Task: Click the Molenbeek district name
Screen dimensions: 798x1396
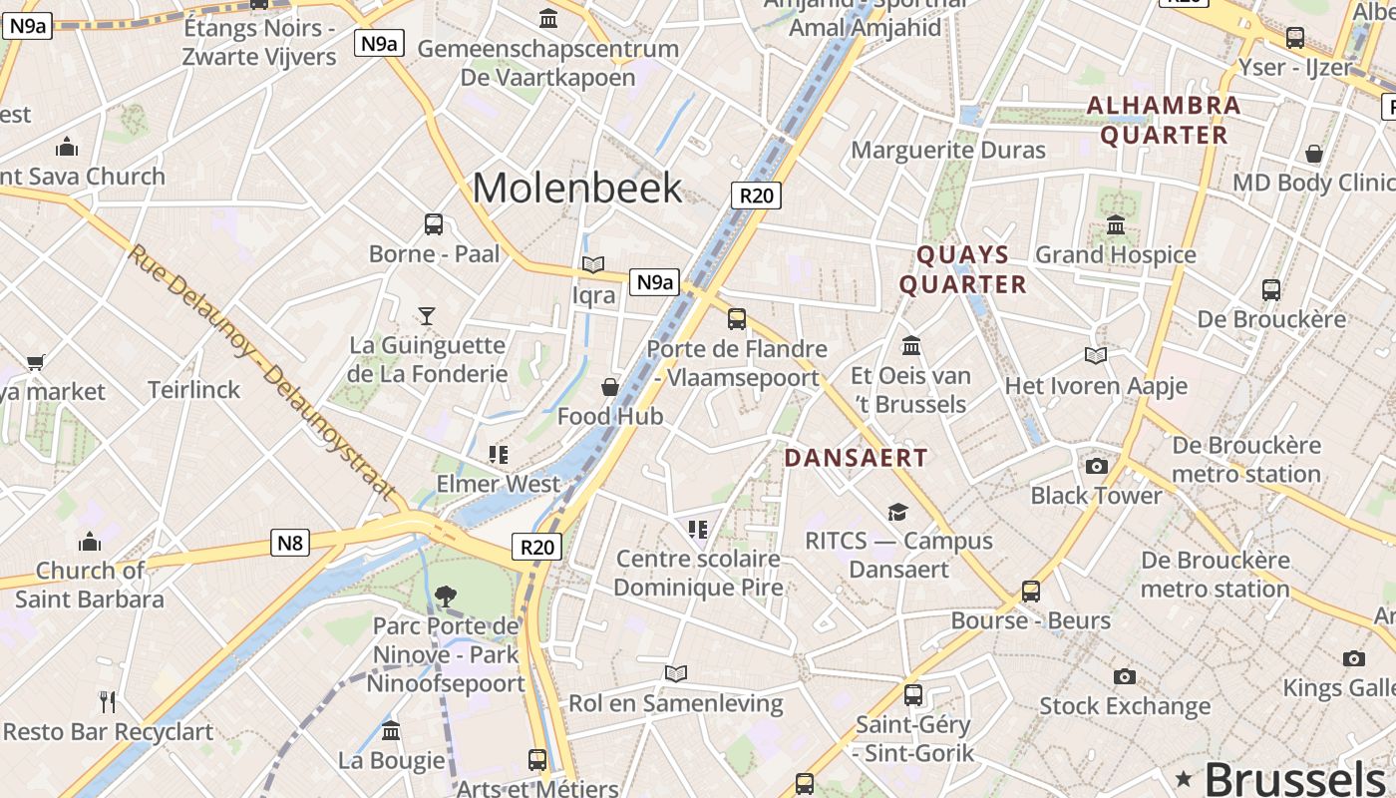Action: [x=577, y=188]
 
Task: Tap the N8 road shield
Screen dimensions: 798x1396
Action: [x=289, y=543]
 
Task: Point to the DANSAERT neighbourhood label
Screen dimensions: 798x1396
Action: [x=856, y=458]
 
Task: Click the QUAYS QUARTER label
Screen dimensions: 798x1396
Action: [x=962, y=269]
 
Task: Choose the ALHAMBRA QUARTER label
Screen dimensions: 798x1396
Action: [x=1164, y=120]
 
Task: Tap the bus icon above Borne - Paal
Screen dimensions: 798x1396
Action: [x=434, y=224]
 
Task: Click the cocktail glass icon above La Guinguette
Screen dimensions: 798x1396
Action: [x=427, y=316]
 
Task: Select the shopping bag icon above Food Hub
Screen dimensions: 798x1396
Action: [x=610, y=387]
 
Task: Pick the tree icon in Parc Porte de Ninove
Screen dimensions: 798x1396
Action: [x=446, y=597]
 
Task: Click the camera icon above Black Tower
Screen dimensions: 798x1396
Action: [x=1096, y=466]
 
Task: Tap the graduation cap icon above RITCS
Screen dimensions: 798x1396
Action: [x=898, y=512]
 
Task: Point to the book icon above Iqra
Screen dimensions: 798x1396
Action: [x=593, y=265]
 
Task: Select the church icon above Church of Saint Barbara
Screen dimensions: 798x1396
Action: [x=90, y=542]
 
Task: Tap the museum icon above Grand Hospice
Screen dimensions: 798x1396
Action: [x=1116, y=225]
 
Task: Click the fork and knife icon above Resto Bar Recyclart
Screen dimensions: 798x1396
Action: [x=108, y=702]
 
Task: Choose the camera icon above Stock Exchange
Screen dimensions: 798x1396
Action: [x=1125, y=677]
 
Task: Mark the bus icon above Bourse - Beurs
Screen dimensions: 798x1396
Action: [x=1031, y=592]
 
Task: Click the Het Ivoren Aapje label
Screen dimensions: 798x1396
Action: [x=1096, y=385]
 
